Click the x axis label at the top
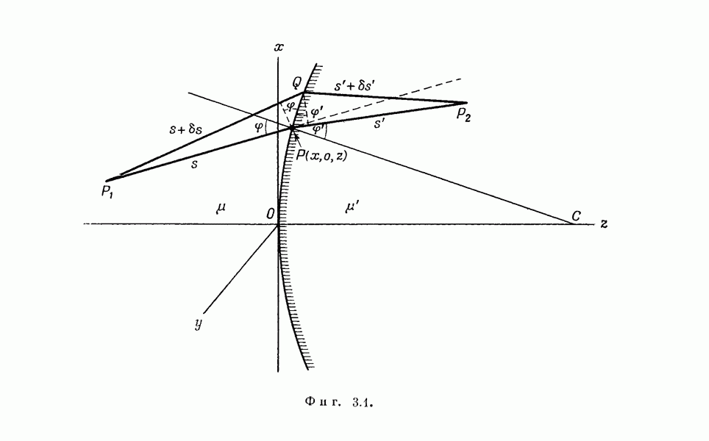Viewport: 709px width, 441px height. pyautogui.click(x=279, y=48)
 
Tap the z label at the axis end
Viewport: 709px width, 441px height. pyautogui.click(x=603, y=223)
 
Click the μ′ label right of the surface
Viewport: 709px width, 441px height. pyautogui.click(x=352, y=207)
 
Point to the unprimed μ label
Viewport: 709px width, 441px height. pyautogui.click(x=221, y=208)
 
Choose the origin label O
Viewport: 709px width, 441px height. pyautogui.click(x=271, y=213)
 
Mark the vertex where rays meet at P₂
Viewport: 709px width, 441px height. pyautogui.click(x=466, y=102)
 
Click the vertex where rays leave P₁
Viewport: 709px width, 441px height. pyautogui.click(x=107, y=180)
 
